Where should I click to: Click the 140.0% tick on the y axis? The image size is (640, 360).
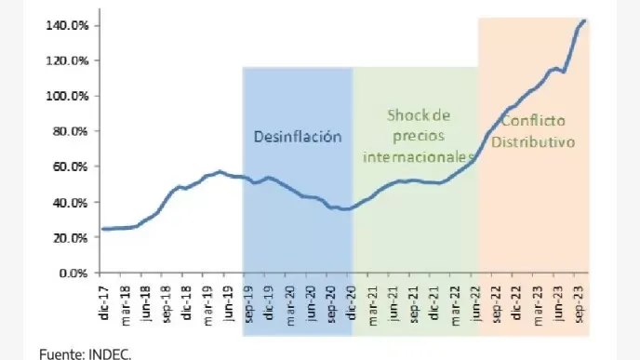[68, 25]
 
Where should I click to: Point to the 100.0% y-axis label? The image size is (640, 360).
[68, 96]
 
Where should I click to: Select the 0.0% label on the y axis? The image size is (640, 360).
[73, 273]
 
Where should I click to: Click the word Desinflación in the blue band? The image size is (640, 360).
[298, 136]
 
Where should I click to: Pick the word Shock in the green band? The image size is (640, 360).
[405, 115]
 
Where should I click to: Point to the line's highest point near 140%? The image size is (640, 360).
[584, 20]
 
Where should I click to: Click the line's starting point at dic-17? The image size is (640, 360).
[102, 229]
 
